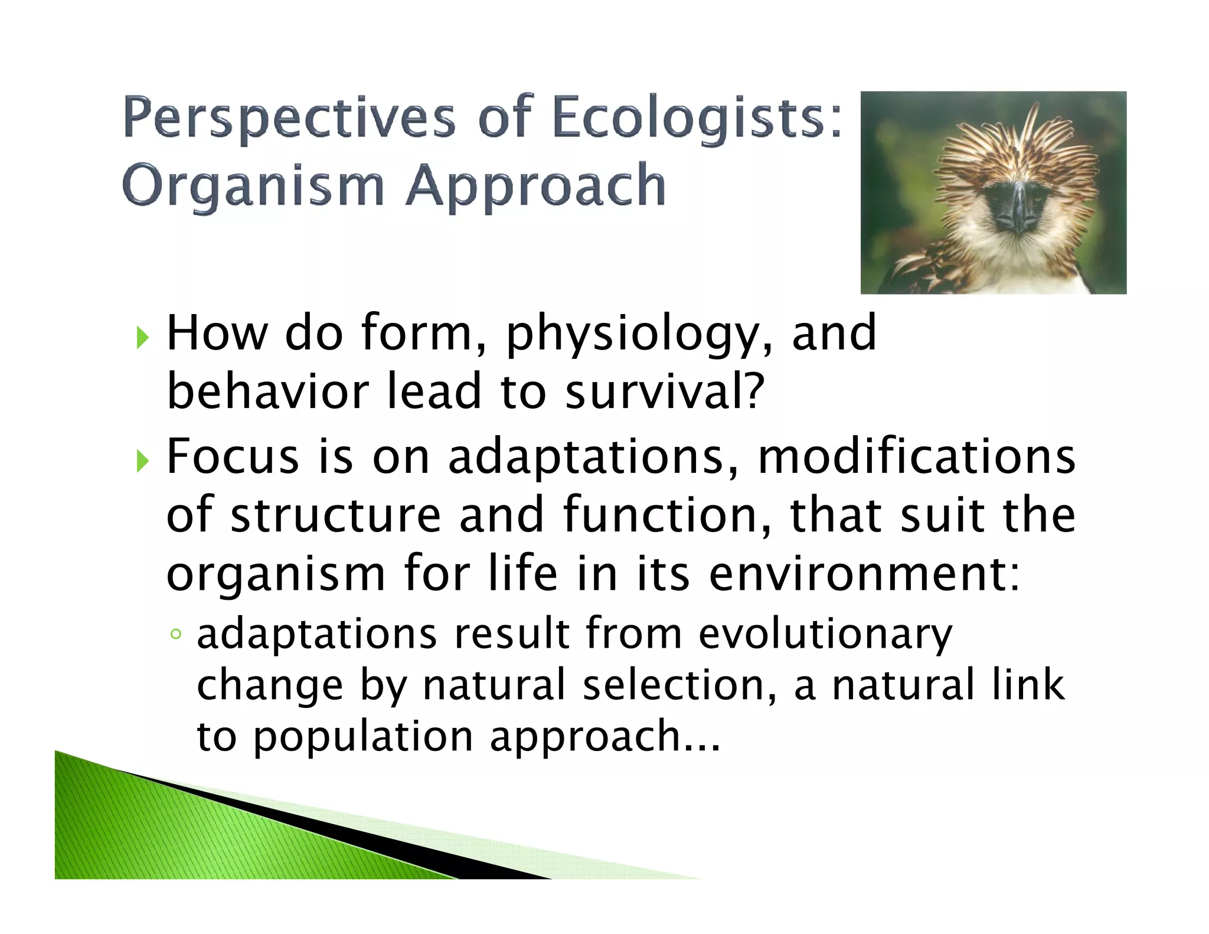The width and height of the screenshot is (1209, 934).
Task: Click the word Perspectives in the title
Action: coord(289,118)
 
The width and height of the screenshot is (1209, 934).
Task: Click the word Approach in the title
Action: coord(536,186)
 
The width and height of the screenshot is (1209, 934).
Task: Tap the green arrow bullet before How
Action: coord(142,338)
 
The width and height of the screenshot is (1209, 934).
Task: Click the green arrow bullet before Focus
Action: coord(142,461)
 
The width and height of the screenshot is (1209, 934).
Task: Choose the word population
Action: coord(363,737)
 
